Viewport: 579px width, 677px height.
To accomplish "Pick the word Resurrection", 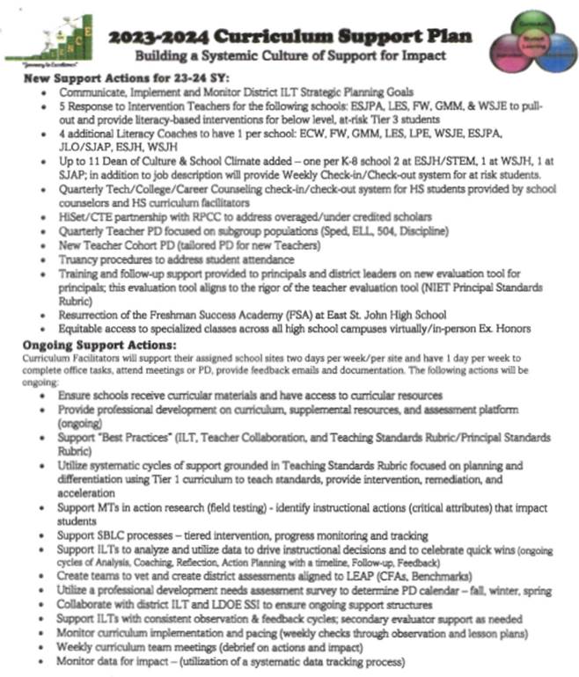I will pos(97,315).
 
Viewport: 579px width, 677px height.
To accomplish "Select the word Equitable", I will pos(86,327).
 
